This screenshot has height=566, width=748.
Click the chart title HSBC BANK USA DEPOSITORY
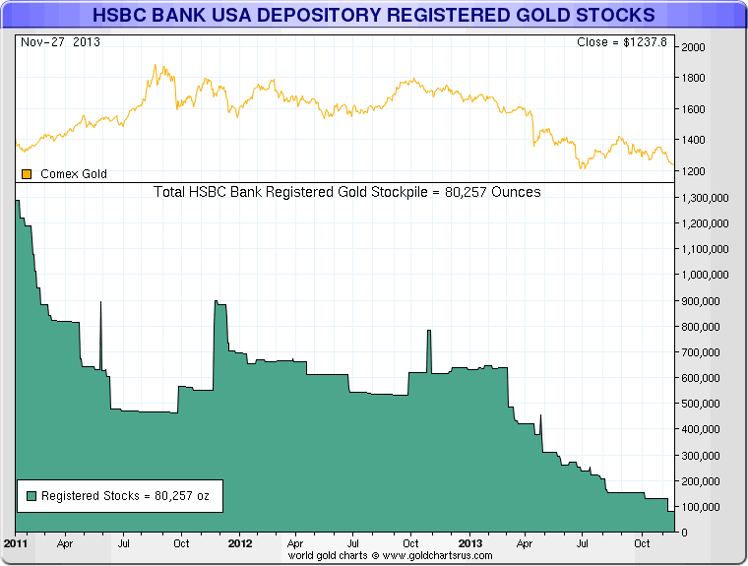[373, 16]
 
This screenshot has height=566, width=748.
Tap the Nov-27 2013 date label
[60, 42]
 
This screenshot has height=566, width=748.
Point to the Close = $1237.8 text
[622, 42]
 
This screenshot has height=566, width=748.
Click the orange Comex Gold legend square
[28, 174]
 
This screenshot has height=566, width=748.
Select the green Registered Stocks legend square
[32, 496]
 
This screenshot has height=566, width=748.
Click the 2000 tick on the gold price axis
[693, 47]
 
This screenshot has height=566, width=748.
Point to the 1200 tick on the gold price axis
[693, 172]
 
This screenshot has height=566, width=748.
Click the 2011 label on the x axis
[15, 542]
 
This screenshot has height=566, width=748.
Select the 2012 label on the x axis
[240, 542]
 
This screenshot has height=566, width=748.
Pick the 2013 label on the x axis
[470, 542]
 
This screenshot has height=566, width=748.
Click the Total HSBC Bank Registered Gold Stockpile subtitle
[347, 192]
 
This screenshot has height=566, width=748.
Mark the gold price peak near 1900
[157, 67]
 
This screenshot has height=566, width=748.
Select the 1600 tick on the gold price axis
[693, 110]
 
